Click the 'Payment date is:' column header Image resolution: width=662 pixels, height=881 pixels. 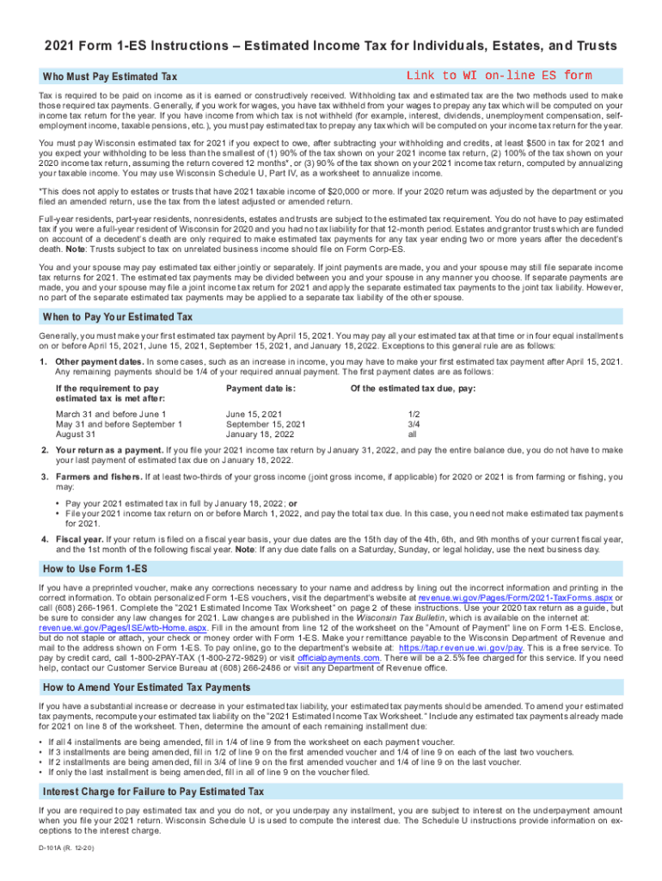pyautogui.click(x=261, y=388)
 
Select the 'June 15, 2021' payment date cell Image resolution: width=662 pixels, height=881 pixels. pyautogui.click(x=254, y=414)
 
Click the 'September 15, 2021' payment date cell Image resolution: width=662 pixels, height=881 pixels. pyautogui.click(x=266, y=424)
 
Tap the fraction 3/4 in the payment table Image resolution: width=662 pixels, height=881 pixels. pyautogui.click(x=414, y=424)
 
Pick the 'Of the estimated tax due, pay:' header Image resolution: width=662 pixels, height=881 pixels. pyautogui.click(x=413, y=388)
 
